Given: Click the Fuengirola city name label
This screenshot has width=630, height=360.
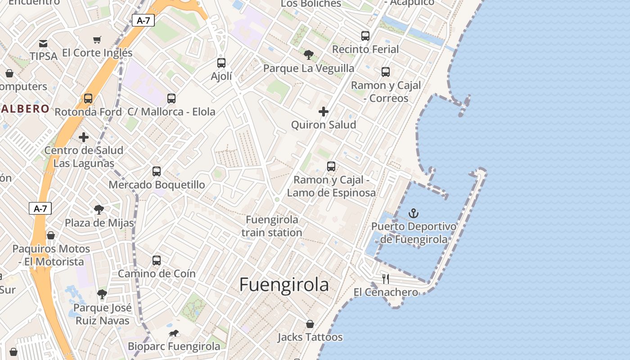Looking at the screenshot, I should tap(284, 285).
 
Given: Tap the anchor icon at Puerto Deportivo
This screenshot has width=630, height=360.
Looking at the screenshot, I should tap(414, 213).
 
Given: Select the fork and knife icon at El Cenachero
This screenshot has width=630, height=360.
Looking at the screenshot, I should tap(386, 279).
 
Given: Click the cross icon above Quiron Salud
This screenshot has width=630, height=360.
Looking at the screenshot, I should tap(323, 112).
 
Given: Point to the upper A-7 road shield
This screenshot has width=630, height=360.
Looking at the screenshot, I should tap(143, 20).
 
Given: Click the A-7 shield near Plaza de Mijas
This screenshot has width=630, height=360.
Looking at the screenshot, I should tap(40, 208).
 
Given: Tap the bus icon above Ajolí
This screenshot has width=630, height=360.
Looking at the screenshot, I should tap(221, 63).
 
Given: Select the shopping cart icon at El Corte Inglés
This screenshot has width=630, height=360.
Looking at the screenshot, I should tap(97, 40).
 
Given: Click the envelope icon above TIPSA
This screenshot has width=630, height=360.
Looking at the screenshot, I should tap(43, 43).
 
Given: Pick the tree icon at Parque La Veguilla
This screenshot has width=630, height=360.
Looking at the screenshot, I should tap(309, 55).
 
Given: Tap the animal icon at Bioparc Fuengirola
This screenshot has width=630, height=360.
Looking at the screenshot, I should tap(174, 333).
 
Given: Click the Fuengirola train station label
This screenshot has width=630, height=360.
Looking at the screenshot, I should tap(272, 226).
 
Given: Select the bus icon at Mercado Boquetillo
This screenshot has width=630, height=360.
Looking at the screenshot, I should tap(157, 171).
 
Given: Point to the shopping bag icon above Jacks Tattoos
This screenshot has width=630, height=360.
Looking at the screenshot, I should tap(310, 324).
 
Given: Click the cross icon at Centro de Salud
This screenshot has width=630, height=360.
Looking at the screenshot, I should tap(84, 137).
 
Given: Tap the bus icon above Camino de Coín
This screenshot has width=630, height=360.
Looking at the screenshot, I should tap(157, 261).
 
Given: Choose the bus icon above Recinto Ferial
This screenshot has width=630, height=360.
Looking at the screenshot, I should tap(365, 36).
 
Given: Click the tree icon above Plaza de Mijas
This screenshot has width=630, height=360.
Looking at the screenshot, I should tap(99, 210).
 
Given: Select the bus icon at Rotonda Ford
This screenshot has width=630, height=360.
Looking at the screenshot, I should tap(88, 99).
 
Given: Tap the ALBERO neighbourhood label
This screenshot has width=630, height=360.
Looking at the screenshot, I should tap(25, 108).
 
